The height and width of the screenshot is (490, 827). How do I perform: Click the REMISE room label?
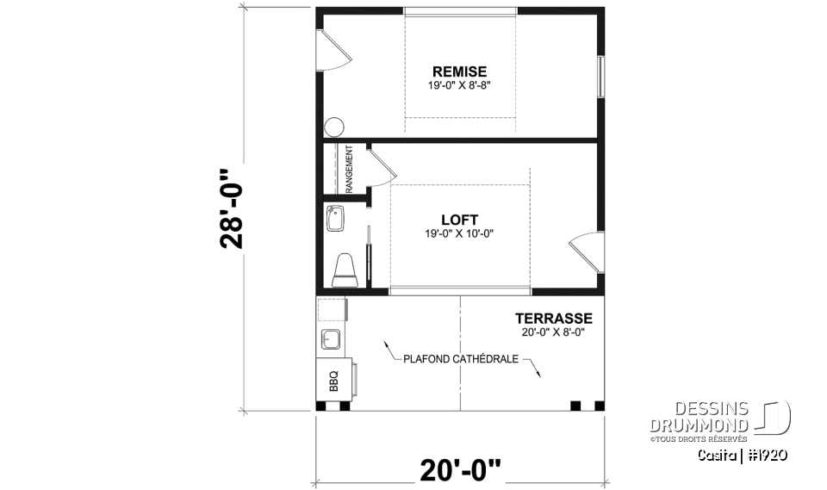coord(459,71)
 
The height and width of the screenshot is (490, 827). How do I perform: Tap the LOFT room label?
coord(459,220)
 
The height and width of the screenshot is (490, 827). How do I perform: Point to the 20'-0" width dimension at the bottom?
coord(460,470)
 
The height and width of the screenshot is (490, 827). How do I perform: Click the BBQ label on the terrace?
coord(334,378)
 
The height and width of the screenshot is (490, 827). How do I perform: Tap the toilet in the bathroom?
coord(345,269)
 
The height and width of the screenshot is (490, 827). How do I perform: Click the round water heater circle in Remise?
coord(334,127)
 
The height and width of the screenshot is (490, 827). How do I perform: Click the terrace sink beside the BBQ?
coord(332,337)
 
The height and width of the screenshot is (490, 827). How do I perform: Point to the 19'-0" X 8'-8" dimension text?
coord(459,86)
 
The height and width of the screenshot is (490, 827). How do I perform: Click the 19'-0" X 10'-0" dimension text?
coord(459,233)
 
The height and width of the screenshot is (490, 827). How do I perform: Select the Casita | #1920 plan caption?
coord(743,454)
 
